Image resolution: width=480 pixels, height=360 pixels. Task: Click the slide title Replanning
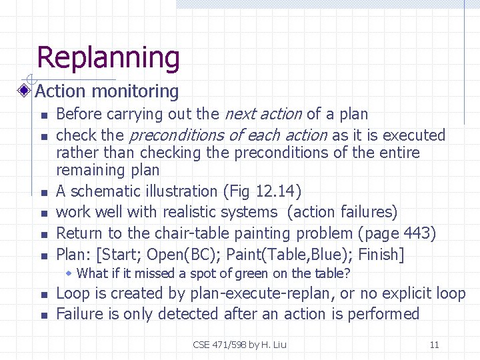[108, 58]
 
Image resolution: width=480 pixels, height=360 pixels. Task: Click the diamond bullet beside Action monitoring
[24, 91]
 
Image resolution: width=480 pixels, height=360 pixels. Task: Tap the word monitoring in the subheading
[136, 91]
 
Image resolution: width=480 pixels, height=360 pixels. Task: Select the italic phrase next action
[264, 114]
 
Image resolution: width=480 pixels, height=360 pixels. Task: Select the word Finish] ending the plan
[381, 255]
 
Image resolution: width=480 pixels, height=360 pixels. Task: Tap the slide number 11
[434, 345]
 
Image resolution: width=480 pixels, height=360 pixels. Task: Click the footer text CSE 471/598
[219, 345]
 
